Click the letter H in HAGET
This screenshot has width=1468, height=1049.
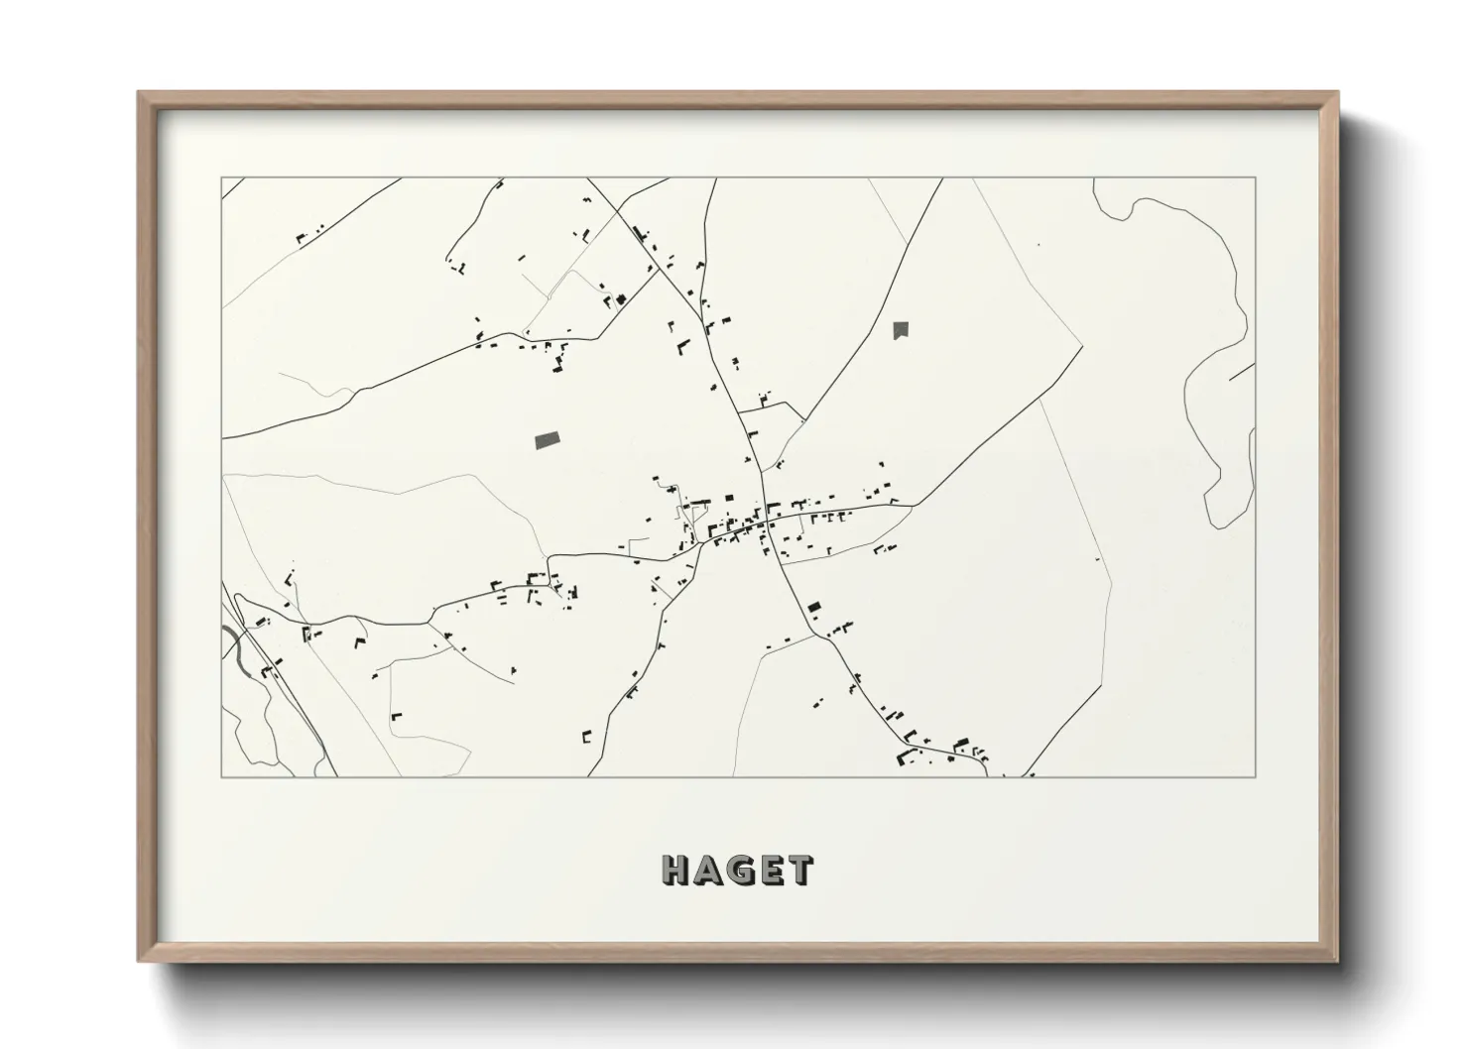[x=676, y=871]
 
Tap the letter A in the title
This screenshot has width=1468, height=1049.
[x=707, y=871]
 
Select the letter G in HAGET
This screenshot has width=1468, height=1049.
[x=739, y=871]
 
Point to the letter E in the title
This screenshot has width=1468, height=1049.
[x=770, y=871]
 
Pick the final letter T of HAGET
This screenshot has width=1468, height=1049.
[x=798, y=871]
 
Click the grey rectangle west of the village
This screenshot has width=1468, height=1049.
[x=546, y=439]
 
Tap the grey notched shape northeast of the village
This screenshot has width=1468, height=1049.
[x=900, y=329]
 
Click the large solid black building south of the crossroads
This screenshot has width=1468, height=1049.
[x=814, y=607]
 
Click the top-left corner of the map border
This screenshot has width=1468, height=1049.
[x=221, y=178]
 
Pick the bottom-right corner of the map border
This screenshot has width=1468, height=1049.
[x=1256, y=776]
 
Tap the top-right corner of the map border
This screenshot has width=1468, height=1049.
[x=1256, y=178]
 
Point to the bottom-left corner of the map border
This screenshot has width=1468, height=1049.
[x=221, y=776]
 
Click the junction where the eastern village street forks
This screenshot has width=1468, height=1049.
[x=912, y=505]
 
